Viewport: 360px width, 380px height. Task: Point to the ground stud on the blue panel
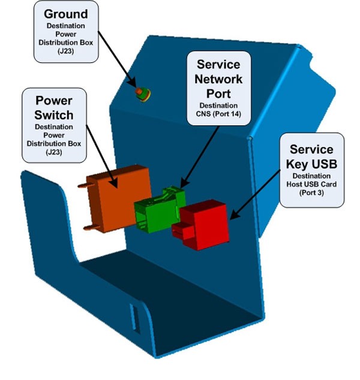click(142, 92)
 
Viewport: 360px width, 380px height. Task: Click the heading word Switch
click(54, 114)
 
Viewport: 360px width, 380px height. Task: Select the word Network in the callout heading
click(219, 79)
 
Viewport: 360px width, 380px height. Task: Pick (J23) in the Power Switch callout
click(54, 153)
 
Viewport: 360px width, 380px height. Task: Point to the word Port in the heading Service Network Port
click(219, 94)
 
